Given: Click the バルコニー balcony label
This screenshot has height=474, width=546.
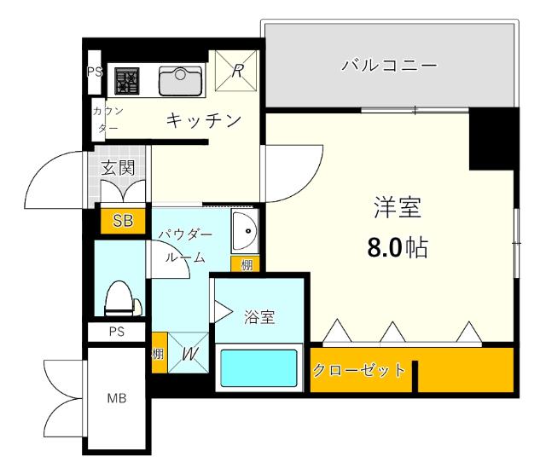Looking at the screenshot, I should point(389,66).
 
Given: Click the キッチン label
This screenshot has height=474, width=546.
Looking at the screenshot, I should point(200,120).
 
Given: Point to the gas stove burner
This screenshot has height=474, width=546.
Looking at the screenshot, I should point(128,82).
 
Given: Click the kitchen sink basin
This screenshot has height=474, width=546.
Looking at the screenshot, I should point(180,80).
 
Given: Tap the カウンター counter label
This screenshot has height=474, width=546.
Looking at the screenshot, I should point(108,118).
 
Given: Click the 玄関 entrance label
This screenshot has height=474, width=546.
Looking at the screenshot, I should point(119,168).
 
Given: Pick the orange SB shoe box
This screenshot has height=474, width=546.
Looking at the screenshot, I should point(123,221).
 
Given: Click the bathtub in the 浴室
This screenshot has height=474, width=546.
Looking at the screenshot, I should point(258,367).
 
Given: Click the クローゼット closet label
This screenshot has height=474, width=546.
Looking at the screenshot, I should point(358,370).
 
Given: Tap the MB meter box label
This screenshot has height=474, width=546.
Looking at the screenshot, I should point(116,397).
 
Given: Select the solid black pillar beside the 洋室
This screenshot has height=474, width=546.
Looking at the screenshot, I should point(494,135).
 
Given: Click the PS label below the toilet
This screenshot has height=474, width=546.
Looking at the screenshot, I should point(117,332).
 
